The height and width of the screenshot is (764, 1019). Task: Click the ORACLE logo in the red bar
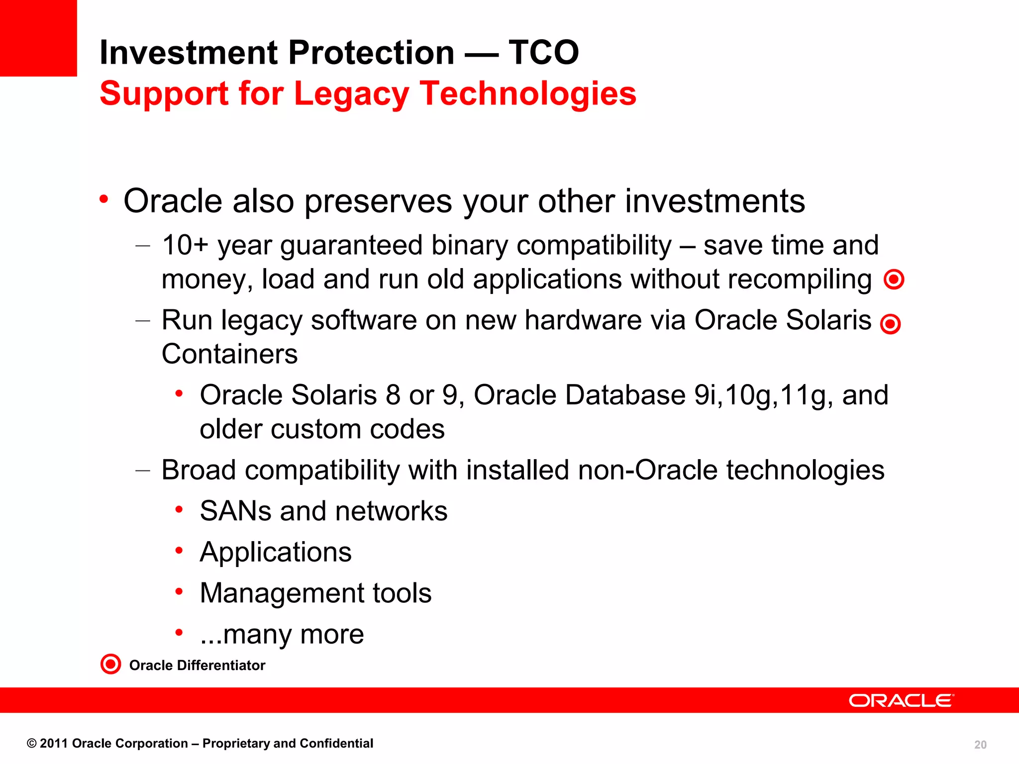coord(901,700)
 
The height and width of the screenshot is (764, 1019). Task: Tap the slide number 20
coord(980,745)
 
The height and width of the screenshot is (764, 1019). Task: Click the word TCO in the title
coord(543,53)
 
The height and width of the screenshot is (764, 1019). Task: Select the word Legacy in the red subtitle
coord(351,94)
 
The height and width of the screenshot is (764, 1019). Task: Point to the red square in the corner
coord(38,38)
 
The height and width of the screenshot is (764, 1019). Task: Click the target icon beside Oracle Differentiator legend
coord(110,664)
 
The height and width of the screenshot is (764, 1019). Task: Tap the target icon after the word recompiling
coord(894,279)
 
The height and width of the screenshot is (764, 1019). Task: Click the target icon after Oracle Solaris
coord(890,324)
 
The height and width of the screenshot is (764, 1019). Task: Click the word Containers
coord(229,354)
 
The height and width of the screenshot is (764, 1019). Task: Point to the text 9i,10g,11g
coord(763,395)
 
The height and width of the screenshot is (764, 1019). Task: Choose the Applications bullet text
coord(276,552)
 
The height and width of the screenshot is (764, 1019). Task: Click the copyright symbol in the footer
coord(32,744)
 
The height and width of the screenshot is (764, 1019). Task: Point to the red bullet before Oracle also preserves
coord(103,199)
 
